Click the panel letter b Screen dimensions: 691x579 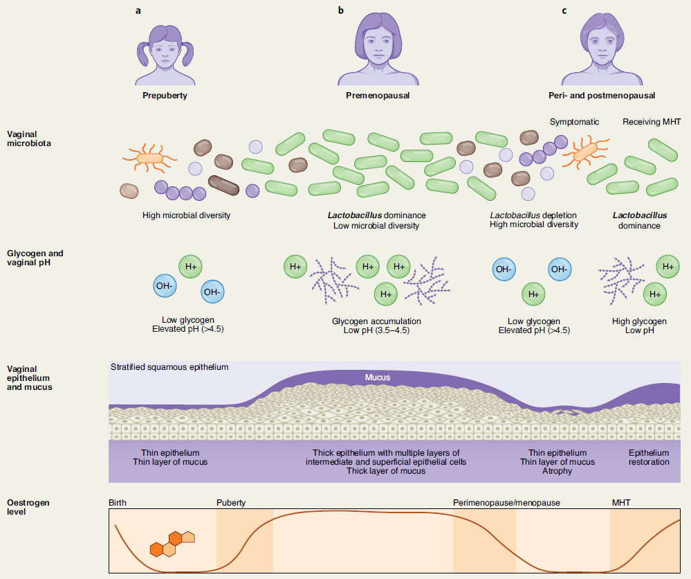[340, 10]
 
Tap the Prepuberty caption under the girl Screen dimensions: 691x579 [165, 96]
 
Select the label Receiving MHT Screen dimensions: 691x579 [652, 122]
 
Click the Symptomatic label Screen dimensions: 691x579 [574, 122]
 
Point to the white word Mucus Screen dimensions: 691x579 [378, 377]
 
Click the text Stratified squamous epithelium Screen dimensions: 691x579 [169, 367]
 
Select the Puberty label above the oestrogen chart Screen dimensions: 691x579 [231, 503]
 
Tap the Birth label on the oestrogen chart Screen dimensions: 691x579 [118, 503]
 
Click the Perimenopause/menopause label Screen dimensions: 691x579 [506, 503]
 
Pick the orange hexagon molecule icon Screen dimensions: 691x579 [172, 544]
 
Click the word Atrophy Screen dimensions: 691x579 [557, 471]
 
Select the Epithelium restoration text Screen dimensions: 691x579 [649, 457]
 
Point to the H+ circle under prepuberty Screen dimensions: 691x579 [190, 267]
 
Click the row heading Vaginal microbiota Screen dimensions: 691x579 [28, 139]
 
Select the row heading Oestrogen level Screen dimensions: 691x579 [28, 507]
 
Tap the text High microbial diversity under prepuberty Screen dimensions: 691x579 [187, 215]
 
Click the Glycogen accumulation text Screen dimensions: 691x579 [376, 321]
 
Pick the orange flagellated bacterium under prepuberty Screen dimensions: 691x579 [150, 158]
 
